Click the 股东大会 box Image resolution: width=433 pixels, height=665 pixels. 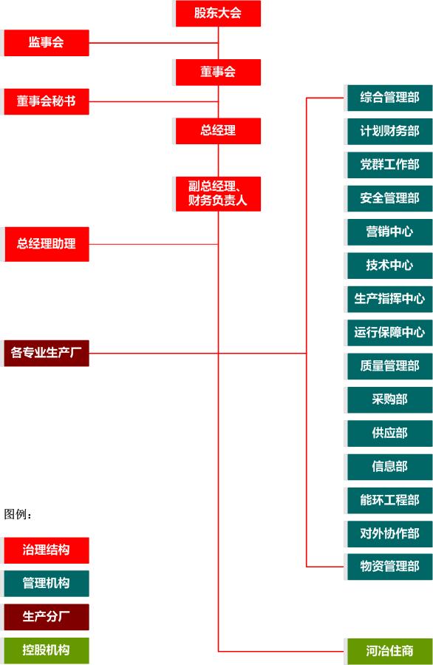(218, 13)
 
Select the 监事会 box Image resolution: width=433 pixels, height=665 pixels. (47, 43)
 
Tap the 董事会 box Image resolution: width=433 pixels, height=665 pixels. (218, 72)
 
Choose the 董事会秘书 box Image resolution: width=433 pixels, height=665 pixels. (47, 102)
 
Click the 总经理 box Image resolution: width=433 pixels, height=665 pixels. (218, 131)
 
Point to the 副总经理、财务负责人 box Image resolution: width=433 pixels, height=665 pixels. (218, 194)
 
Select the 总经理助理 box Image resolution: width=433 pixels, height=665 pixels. (47, 244)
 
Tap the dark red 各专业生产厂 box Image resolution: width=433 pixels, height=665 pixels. (47, 354)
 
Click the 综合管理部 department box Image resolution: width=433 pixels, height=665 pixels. (390, 98)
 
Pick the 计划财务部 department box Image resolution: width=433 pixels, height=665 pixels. (390, 132)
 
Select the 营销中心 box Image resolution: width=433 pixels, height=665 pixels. (390, 232)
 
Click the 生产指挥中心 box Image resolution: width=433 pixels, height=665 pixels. (390, 300)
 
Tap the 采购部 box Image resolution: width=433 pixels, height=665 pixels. (390, 400)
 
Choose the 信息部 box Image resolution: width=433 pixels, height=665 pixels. (390, 467)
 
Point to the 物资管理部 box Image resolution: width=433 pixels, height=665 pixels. (390, 567)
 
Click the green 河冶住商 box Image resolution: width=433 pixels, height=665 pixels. (390, 652)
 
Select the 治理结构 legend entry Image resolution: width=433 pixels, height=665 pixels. (47, 550)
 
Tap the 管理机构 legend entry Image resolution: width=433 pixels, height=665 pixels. (47, 584)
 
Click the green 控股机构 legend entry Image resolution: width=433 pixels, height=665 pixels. (47, 651)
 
